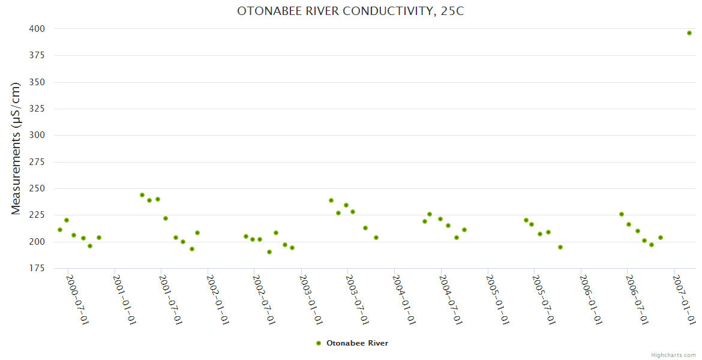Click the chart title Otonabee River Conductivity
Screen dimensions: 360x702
pyautogui.click(x=350, y=11)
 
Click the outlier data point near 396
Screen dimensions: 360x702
pyautogui.click(x=689, y=33)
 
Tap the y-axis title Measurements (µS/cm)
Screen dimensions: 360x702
pyautogui.click(x=16, y=148)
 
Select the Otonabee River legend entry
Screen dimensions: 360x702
pyautogui.click(x=357, y=343)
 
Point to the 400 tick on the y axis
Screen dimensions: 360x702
pyautogui.click(x=37, y=29)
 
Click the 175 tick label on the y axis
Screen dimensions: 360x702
pyautogui.click(x=37, y=268)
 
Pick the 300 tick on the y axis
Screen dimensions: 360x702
pyautogui.click(x=37, y=136)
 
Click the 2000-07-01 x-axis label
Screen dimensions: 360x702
pyautogui.click(x=77, y=299)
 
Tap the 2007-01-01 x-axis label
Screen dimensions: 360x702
pyautogui.click(x=685, y=299)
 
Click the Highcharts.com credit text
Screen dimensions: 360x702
pyautogui.click(x=673, y=355)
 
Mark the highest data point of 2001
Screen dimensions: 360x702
pyautogui.click(x=142, y=195)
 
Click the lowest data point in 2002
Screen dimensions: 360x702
pyautogui.click(x=269, y=252)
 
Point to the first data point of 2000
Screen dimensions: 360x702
pyautogui.click(x=60, y=230)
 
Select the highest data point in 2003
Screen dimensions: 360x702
pyautogui.click(x=331, y=200)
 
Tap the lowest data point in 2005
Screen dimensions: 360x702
pyautogui.click(x=560, y=247)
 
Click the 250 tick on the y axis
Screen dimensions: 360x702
pyautogui.click(x=37, y=188)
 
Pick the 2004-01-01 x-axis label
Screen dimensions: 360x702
pyautogui.click(x=404, y=299)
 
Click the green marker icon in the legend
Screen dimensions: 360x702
pyautogui.click(x=319, y=343)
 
